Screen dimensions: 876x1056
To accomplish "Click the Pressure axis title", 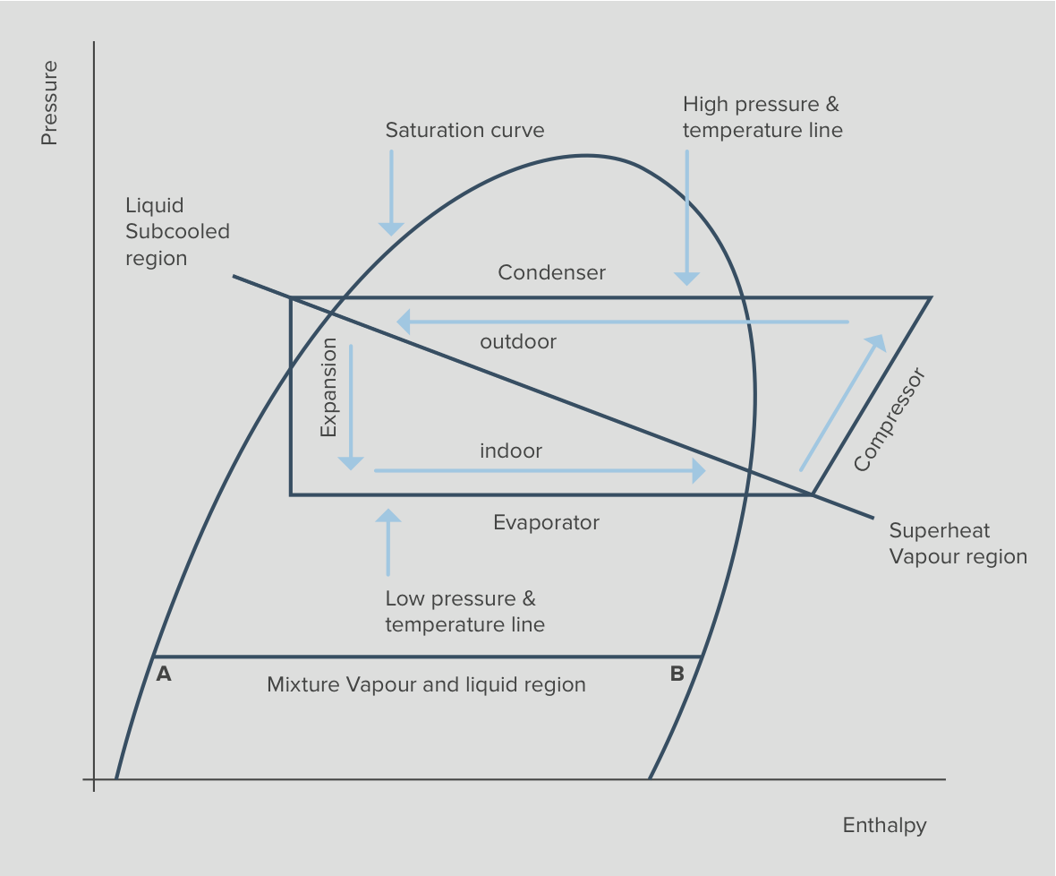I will [x=49, y=103].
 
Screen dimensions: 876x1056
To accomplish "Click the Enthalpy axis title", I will [x=884, y=825].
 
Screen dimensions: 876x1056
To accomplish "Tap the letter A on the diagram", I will [x=164, y=674].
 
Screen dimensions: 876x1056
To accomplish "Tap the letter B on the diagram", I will [x=677, y=674].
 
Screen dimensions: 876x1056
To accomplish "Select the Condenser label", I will [x=551, y=272].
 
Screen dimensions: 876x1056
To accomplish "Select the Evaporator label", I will [x=546, y=522].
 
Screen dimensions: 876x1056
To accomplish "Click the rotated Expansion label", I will [x=328, y=387].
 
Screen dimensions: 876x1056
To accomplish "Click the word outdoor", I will [x=518, y=341].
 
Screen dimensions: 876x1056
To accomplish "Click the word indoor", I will [x=511, y=451].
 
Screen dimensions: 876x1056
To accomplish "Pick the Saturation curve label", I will [x=464, y=130].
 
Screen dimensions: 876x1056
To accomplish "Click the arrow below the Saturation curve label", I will [x=390, y=192].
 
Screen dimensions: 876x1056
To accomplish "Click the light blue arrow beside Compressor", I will [x=841, y=403].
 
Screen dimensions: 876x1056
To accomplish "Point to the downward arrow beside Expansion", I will [x=351, y=408].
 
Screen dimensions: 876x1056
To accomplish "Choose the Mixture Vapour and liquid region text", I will [x=426, y=685].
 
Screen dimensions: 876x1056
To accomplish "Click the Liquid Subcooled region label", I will [x=177, y=232].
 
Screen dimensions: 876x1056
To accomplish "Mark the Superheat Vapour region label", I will [x=957, y=544].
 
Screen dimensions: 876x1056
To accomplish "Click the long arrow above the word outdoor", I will [x=623, y=321].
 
